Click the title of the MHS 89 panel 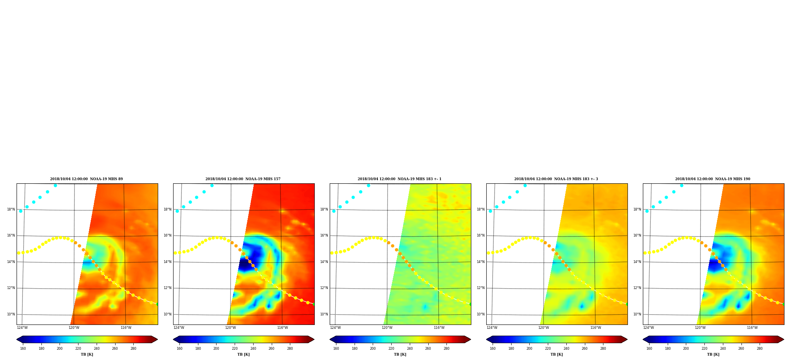tap(86, 179)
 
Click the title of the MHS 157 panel tap(243, 179)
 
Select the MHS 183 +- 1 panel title tap(400, 179)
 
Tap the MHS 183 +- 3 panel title tap(556, 179)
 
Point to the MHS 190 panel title tap(713, 179)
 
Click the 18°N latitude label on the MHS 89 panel tap(11, 209)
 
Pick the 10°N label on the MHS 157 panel tap(168, 314)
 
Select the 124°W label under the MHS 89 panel tap(22, 328)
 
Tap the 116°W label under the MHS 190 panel tap(752, 328)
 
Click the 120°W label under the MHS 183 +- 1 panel tap(387, 328)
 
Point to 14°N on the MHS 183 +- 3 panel tap(481, 262)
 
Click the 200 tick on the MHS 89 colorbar tap(60, 349)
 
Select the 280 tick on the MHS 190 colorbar tap(760, 349)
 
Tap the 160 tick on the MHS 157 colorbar tap(179, 349)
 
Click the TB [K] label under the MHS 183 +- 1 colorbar tap(400, 354)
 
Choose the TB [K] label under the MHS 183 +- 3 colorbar tap(556, 354)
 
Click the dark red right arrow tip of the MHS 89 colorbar tap(157, 339)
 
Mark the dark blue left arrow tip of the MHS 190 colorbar tap(643, 339)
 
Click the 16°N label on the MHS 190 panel tap(637, 235)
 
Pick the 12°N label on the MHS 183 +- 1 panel tap(324, 288)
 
